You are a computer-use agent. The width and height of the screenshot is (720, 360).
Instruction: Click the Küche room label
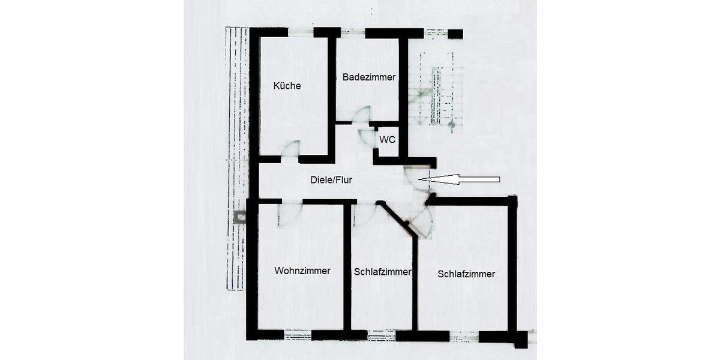pyautogui.click(x=287, y=86)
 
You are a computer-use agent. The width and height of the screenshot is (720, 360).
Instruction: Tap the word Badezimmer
pyautogui.click(x=368, y=77)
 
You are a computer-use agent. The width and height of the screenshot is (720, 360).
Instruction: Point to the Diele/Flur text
pyautogui.click(x=331, y=179)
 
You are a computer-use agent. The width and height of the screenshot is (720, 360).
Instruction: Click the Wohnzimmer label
pyautogui.click(x=302, y=271)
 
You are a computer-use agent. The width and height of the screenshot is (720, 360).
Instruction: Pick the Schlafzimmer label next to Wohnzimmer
pyautogui.click(x=382, y=272)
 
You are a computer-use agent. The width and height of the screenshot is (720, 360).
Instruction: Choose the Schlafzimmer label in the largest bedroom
pyautogui.click(x=466, y=274)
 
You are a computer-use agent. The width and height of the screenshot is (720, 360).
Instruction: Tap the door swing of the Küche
pyautogui.click(x=291, y=150)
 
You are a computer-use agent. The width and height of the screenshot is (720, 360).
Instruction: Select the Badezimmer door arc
pyautogui.click(x=361, y=115)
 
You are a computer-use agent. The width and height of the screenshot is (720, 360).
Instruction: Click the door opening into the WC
pyautogui.click(x=366, y=137)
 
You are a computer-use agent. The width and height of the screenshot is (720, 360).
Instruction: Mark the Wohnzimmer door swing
pyautogui.click(x=291, y=214)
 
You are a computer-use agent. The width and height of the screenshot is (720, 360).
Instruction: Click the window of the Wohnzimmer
pyautogui.click(x=298, y=334)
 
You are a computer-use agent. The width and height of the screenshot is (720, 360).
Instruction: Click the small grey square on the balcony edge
pyautogui.click(x=240, y=217)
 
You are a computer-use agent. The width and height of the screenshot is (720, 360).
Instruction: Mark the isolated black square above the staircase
pyautogui.click(x=455, y=34)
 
